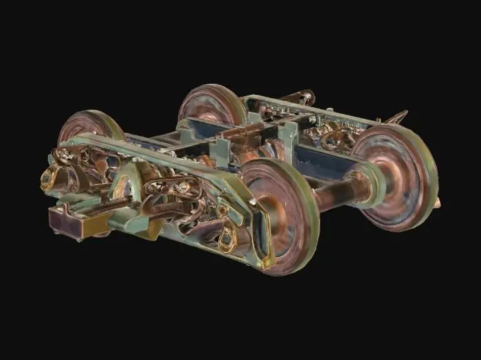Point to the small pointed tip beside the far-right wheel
coord(438,202)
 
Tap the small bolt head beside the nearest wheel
coord(254,202)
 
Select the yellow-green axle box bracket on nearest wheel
coord(265,237)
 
